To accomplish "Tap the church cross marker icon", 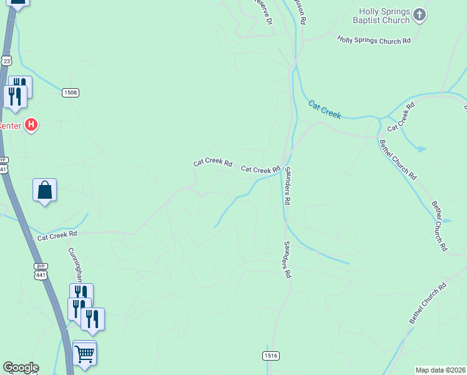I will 420,14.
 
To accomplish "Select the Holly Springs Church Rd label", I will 374,40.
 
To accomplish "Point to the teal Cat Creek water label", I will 325,109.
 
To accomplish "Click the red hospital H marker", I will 30,125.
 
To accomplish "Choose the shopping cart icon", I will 84,353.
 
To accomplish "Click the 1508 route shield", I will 70,92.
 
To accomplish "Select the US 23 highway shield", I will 6,60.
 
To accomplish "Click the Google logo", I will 21,367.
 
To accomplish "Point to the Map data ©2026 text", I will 440,370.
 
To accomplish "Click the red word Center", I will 9,126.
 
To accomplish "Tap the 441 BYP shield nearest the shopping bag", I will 4,166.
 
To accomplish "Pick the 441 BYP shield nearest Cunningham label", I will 41,271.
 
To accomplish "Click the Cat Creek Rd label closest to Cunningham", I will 57,236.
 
